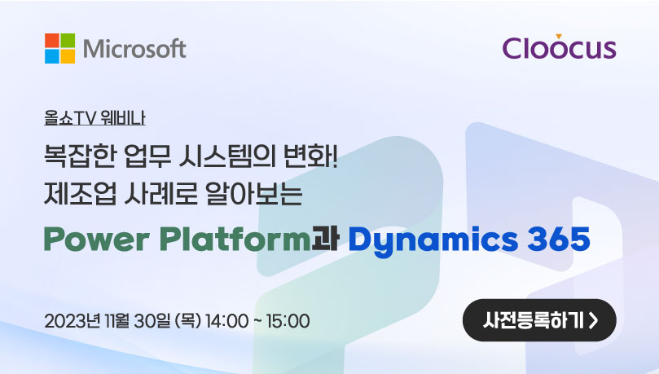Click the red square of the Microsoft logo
[52, 41]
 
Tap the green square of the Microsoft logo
[68, 41]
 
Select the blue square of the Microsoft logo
[52, 56]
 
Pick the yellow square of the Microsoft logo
[68, 56]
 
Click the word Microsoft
[134, 49]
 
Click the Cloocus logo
[559, 46]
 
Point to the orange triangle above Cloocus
[559, 37]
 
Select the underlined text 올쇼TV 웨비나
[95, 118]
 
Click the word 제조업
[80, 194]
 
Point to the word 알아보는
[254, 194]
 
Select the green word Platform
[235, 239]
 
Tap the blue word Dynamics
[433, 240]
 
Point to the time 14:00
[226, 322]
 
